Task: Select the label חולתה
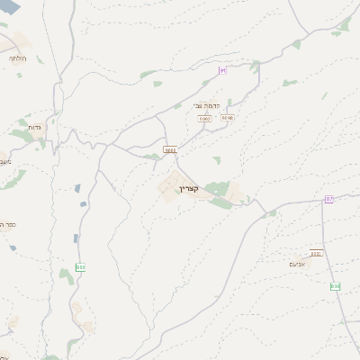point(17,58)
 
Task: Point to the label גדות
point(34,128)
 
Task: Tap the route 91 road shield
point(222,69)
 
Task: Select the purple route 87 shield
point(329,198)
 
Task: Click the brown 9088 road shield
point(170,148)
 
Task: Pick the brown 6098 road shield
point(228,117)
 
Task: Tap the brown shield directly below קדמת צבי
point(204,117)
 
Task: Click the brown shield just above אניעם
point(316,253)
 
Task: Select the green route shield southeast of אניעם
point(335,285)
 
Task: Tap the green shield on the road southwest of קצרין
point(81,266)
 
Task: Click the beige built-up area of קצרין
point(171,186)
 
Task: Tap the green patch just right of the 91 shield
point(255,66)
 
